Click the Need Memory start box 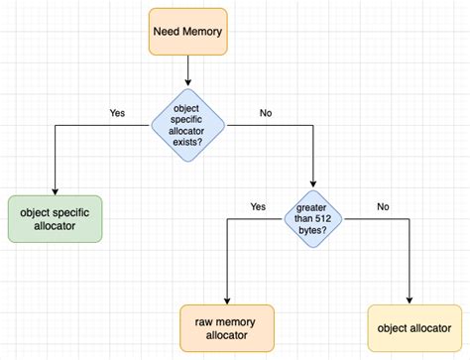tap(188, 31)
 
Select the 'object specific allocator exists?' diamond tap(187, 125)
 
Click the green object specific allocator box tap(55, 219)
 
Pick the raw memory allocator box tap(228, 327)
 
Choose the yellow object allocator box tap(409, 327)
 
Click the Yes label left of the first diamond tap(117, 113)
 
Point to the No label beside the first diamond tap(266, 113)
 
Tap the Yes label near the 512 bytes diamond tap(258, 206)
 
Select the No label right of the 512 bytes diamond tap(383, 206)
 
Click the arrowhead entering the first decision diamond tap(187, 84)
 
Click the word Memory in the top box tap(202, 31)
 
